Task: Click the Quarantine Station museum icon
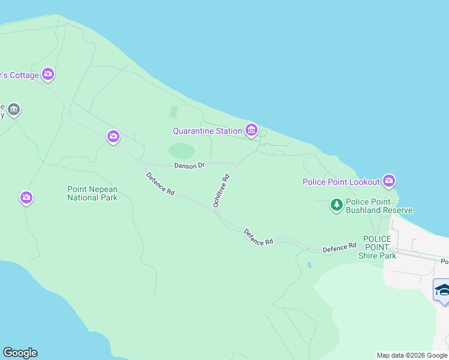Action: [252, 130]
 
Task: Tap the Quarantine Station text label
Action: [207, 131]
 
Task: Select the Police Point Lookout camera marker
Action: [389, 181]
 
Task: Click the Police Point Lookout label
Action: [341, 182]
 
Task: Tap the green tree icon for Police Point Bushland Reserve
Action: [337, 206]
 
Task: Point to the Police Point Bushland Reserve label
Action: [379, 206]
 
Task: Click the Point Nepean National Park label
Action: [92, 193]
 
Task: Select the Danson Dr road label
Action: [190, 165]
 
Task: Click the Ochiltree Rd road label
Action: [221, 190]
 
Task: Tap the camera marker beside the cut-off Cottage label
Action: [48, 74]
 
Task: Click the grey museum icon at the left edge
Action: [14, 110]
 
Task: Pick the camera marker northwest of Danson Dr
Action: [113, 137]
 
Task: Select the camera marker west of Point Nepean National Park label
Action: [26, 197]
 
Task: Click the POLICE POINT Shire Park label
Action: [377, 247]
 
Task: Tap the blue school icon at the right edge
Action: [442, 290]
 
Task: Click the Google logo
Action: [20, 353]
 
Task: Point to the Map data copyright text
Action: [412, 355]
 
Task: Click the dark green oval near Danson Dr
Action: [182, 150]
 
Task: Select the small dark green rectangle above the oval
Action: [174, 112]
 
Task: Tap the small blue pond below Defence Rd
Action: [309, 265]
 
